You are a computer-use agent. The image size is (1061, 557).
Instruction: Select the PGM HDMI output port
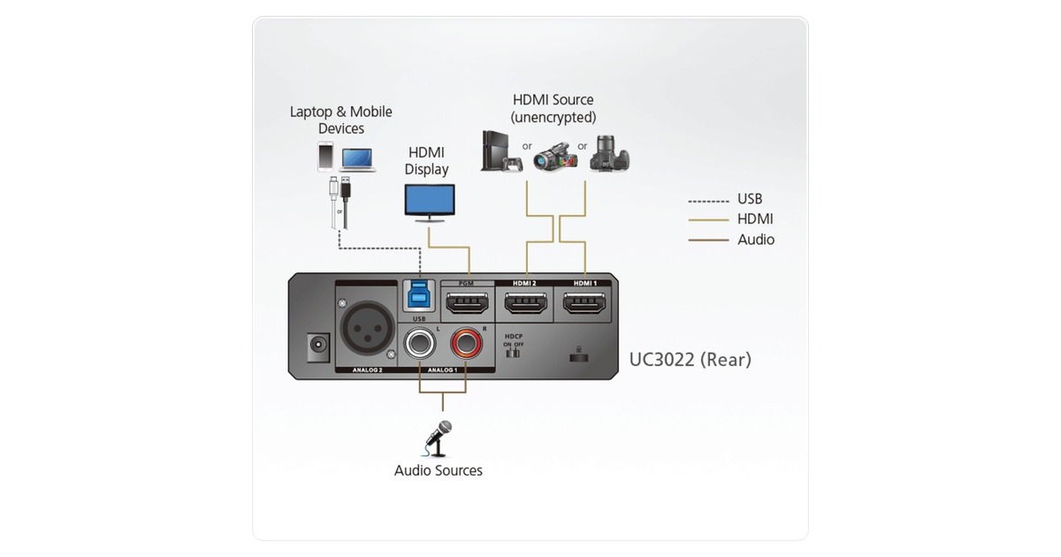[x=468, y=306]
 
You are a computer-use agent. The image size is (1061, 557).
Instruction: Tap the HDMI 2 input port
[x=525, y=306]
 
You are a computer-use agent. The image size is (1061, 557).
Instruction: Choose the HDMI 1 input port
[x=584, y=306]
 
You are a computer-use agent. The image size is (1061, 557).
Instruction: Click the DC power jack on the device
[x=313, y=347]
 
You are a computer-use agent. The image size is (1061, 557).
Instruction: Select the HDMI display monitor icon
[x=429, y=202]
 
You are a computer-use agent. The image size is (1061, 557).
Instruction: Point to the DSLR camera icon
[x=611, y=154]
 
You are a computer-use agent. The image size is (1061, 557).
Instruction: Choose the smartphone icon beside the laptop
[x=324, y=157]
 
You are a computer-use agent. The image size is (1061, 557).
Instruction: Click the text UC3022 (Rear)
[x=690, y=360]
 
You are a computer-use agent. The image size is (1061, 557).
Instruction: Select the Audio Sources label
[x=439, y=470]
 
